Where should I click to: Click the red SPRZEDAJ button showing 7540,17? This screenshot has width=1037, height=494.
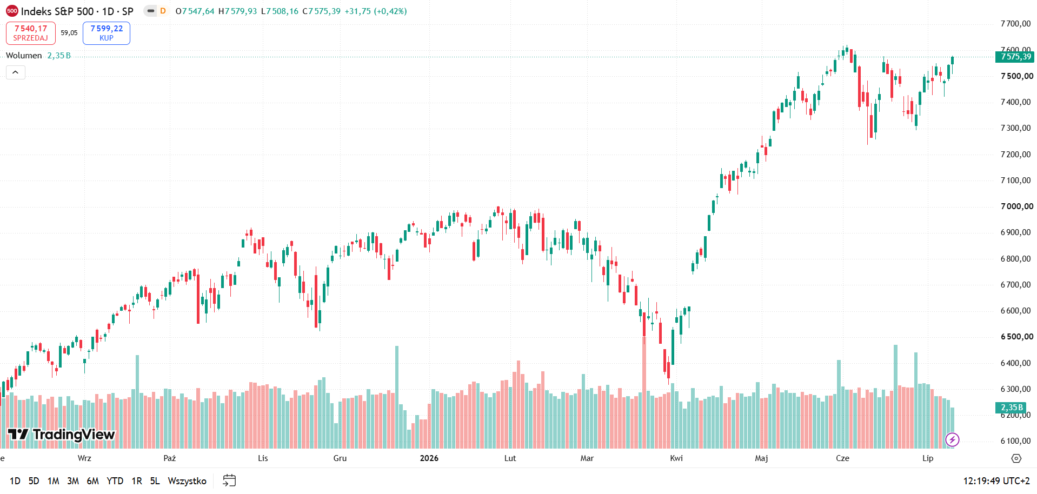click(x=31, y=33)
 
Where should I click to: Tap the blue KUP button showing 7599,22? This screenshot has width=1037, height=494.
click(x=107, y=33)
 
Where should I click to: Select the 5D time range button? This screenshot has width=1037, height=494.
click(x=34, y=481)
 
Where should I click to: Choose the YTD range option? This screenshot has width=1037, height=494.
click(x=115, y=481)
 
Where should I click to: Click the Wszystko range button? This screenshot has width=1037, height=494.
click(x=187, y=481)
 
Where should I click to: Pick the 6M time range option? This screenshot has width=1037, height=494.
click(x=93, y=481)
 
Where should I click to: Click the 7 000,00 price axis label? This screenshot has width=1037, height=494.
click(x=1016, y=206)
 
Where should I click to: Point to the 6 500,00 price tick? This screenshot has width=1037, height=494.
click(x=1016, y=337)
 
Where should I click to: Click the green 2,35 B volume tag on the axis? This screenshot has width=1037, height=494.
click(x=1011, y=408)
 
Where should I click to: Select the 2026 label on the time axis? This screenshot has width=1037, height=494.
click(x=429, y=458)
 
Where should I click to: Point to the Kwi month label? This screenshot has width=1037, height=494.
click(x=676, y=458)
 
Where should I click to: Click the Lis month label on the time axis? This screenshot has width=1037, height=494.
click(x=263, y=458)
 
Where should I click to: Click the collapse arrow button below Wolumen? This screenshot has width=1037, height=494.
click(x=16, y=72)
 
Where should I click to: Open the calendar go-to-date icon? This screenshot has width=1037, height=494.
click(x=229, y=480)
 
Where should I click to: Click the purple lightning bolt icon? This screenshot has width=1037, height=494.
click(x=952, y=440)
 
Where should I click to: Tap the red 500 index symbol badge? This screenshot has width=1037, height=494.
click(x=12, y=11)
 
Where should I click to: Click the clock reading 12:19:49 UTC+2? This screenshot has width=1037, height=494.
click(x=996, y=481)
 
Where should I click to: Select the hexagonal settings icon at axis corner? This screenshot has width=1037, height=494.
click(x=1016, y=458)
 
